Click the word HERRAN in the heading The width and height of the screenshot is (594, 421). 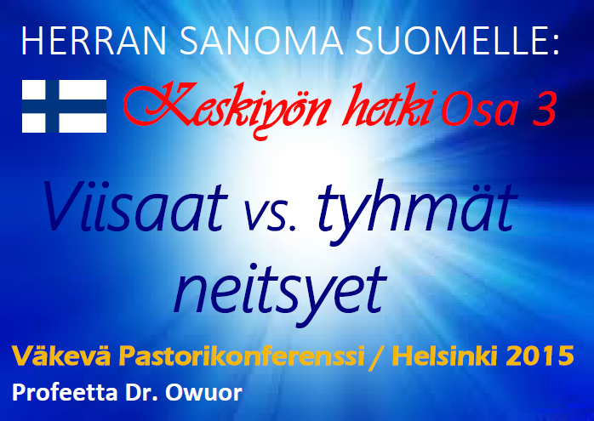click(x=94, y=41)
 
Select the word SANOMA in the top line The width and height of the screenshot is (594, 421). click(x=261, y=41)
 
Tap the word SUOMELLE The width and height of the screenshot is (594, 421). click(x=457, y=41)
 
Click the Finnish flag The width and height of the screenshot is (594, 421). click(x=64, y=106)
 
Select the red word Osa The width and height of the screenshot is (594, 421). click(x=480, y=109)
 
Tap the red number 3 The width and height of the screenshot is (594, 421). click(x=545, y=109)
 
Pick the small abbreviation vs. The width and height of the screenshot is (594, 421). click(x=270, y=214)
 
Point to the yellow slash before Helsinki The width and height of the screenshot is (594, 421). click(x=376, y=356)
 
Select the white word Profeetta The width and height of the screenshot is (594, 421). click(x=65, y=393)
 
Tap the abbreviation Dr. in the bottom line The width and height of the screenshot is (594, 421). click(x=141, y=393)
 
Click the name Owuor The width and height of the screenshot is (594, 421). click(x=203, y=393)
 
